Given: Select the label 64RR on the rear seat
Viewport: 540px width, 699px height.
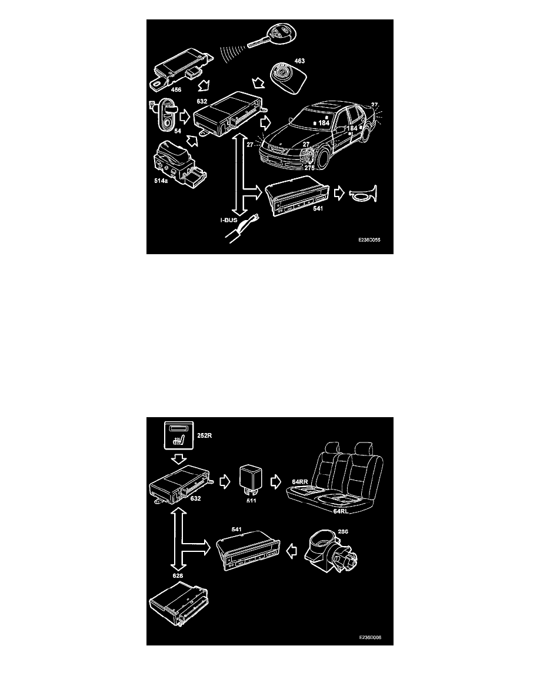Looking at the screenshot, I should pos(300,481).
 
